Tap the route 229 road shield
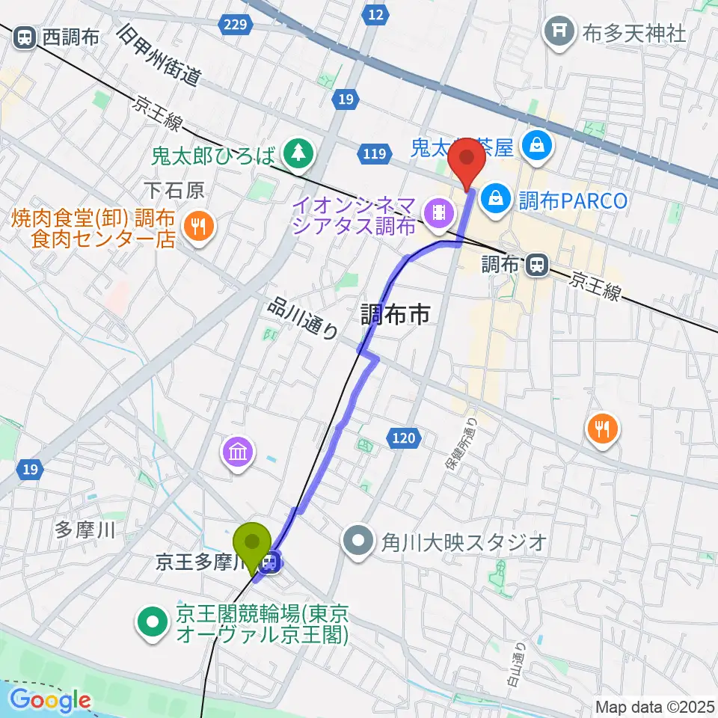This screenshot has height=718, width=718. [235, 25]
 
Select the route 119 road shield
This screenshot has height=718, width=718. [375, 154]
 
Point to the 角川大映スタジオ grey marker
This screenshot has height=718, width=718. [359, 541]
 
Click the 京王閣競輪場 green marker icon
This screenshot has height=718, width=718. [152, 621]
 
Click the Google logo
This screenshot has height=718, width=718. [50, 700]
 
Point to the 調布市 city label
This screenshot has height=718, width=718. [396, 315]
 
